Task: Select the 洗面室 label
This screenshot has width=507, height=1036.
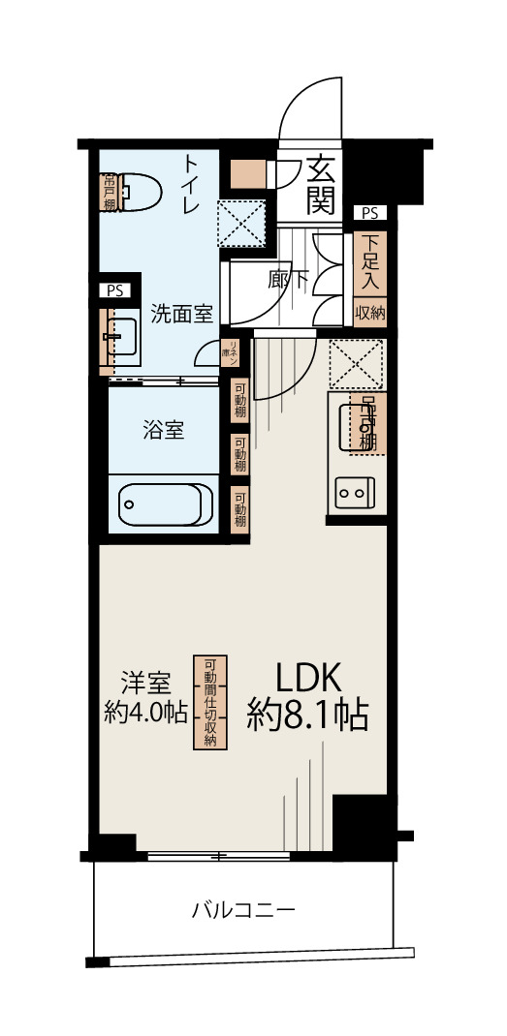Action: (x=181, y=314)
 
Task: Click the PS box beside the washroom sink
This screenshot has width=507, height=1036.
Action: (x=115, y=289)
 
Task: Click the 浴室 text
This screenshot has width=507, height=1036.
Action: (x=164, y=431)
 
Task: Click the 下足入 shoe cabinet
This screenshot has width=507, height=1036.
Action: (x=369, y=261)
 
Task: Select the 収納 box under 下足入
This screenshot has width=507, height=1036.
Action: (x=369, y=313)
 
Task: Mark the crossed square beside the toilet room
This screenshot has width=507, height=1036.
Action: (x=241, y=222)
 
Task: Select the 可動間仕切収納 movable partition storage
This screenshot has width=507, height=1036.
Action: (x=208, y=702)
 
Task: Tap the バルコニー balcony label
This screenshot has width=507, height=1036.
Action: (x=242, y=910)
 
